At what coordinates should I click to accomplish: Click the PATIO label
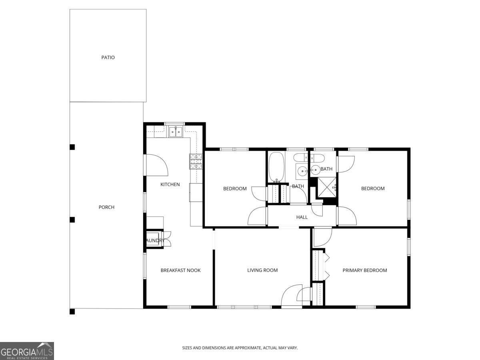click(108, 58)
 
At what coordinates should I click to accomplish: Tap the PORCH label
click(106, 207)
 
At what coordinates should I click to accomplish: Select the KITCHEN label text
click(170, 184)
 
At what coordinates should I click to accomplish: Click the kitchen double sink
click(175, 132)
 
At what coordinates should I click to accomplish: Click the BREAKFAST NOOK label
click(180, 270)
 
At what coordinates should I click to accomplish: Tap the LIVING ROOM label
click(262, 270)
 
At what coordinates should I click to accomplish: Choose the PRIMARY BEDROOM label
click(365, 270)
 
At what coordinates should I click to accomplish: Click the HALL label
click(302, 217)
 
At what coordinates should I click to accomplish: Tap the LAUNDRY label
click(154, 240)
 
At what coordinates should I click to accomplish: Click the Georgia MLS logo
click(27, 351)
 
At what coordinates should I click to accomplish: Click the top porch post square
click(72, 147)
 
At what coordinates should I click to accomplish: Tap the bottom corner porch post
click(72, 311)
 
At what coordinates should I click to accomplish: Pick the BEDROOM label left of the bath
click(235, 189)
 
